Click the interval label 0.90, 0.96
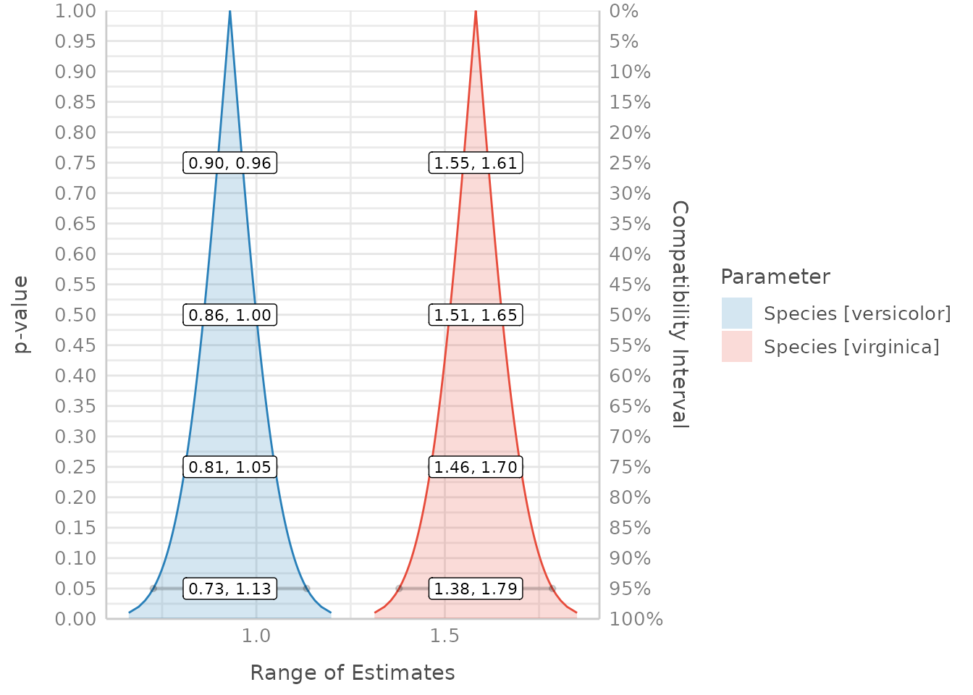230,163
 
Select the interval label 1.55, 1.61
476,163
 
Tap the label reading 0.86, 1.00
230,315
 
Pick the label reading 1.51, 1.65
476,315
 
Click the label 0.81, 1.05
230,467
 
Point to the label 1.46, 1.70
476,467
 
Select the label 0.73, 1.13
230,589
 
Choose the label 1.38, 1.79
476,589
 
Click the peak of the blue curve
230,12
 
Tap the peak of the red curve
476,12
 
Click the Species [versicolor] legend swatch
737,313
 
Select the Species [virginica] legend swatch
737,347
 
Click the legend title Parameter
775,277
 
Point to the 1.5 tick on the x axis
445,636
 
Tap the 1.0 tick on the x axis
256,636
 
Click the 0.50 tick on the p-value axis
76,315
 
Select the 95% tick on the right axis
625,589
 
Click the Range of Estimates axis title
353,673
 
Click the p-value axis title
22,314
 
